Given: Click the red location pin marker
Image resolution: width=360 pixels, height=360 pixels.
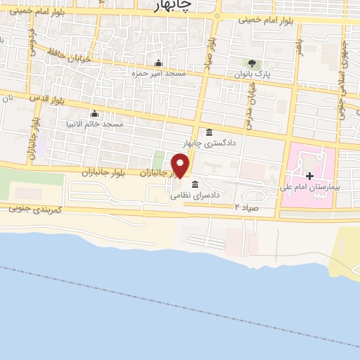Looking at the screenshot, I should (181, 166).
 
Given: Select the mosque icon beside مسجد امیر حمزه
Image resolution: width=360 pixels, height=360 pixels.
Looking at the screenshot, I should (157, 63).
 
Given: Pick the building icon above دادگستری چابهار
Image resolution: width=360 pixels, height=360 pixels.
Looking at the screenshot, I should (209, 133).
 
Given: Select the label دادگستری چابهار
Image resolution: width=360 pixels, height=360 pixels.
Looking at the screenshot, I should (209, 143).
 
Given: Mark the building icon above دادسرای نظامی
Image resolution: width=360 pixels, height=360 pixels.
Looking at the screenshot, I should (194, 184).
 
